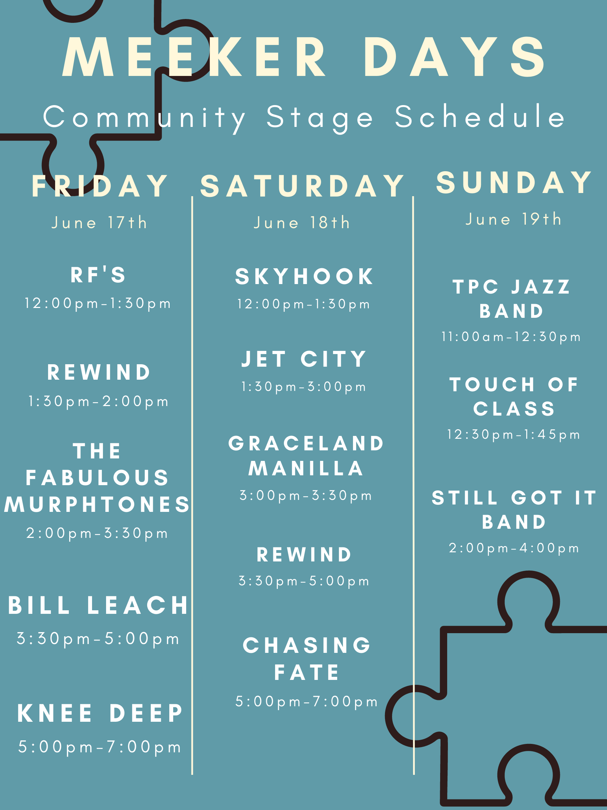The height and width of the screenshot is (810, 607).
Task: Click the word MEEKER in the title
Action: (194, 58)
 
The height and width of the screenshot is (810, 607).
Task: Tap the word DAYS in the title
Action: (455, 58)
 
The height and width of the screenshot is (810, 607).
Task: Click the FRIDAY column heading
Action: (99, 186)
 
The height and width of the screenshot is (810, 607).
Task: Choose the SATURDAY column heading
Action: (302, 186)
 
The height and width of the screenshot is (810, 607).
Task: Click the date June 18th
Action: (302, 222)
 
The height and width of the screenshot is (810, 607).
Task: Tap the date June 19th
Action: (513, 219)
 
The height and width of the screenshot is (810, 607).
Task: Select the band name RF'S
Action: (98, 275)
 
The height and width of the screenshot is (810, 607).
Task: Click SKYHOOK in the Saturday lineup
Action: (304, 276)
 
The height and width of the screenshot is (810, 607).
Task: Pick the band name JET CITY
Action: (304, 359)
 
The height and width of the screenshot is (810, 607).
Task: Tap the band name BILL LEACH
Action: (98, 605)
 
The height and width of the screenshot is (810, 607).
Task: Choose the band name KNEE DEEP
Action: (100, 713)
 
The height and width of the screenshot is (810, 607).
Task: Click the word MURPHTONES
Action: (97, 504)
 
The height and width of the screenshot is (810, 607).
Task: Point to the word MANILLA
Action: (306, 468)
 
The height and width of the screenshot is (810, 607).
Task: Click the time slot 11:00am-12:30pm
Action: (511, 336)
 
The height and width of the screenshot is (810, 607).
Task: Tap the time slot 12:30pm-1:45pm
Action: (513, 434)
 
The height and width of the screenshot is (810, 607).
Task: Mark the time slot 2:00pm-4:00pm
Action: (514, 548)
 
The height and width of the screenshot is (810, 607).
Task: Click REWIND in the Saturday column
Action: (304, 554)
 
